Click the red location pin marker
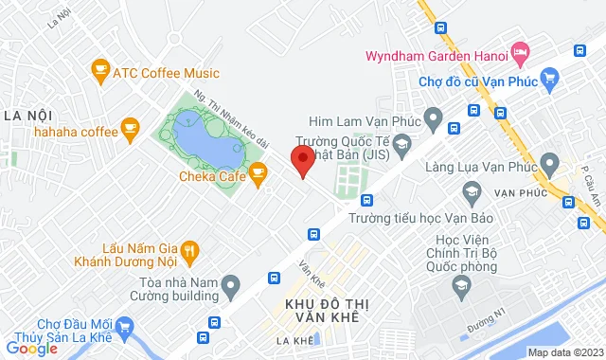(x=302, y=161)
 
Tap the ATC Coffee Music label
(x=166, y=73)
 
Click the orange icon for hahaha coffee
(x=130, y=127)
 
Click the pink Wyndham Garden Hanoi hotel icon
(x=520, y=50)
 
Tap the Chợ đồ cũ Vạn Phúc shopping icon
(x=548, y=79)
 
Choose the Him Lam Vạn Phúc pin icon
(x=434, y=120)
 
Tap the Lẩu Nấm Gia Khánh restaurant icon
(x=189, y=251)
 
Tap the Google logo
(x=31, y=349)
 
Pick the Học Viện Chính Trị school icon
(x=461, y=285)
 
